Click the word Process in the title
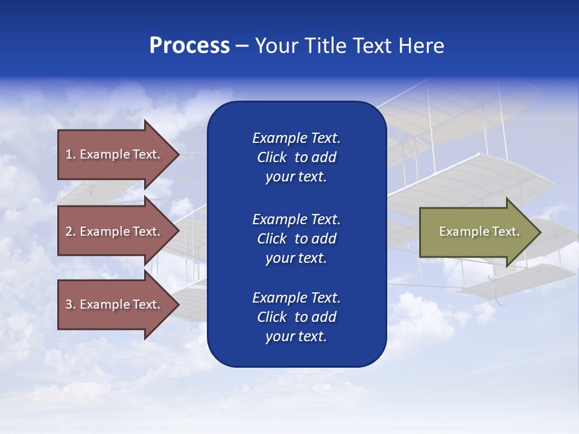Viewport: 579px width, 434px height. [189, 46]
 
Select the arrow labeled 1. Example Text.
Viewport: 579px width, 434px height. [115, 154]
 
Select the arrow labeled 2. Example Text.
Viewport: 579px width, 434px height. [115, 231]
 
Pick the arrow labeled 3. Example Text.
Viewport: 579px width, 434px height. [115, 304]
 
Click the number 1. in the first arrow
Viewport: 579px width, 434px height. [70, 154]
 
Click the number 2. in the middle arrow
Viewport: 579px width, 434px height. [70, 231]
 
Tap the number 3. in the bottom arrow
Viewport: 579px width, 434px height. [70, 304]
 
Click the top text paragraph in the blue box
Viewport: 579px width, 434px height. [296, 157]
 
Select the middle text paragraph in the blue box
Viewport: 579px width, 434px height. [296, 239]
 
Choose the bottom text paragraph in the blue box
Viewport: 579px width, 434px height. [296, 317]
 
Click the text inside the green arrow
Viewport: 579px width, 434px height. [479, 231]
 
